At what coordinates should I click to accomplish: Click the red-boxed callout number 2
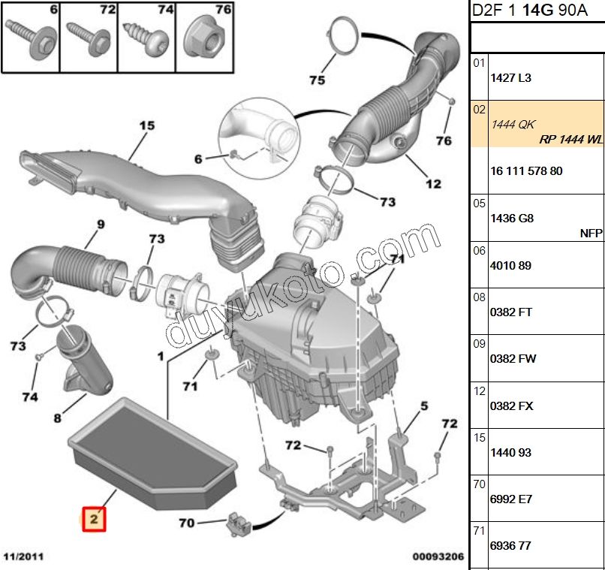click(95, 519)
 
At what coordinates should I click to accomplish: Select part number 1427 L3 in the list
click(510, 78)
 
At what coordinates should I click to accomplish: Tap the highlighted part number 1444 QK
click(513, 124)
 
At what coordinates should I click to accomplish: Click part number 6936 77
click(510, 546)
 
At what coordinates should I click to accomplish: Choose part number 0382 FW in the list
click(513, 359)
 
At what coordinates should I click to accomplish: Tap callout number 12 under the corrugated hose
click(433, 184)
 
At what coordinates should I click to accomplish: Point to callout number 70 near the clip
click(187, 522)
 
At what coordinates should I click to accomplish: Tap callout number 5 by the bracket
click(424, 406)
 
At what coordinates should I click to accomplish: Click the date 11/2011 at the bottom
click(23, 557)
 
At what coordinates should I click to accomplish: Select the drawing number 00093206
click(438, 557)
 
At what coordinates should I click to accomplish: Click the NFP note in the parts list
click(591, 234)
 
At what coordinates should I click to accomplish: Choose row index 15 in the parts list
click(479, 437)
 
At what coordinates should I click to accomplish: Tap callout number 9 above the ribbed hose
click(100, 223)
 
